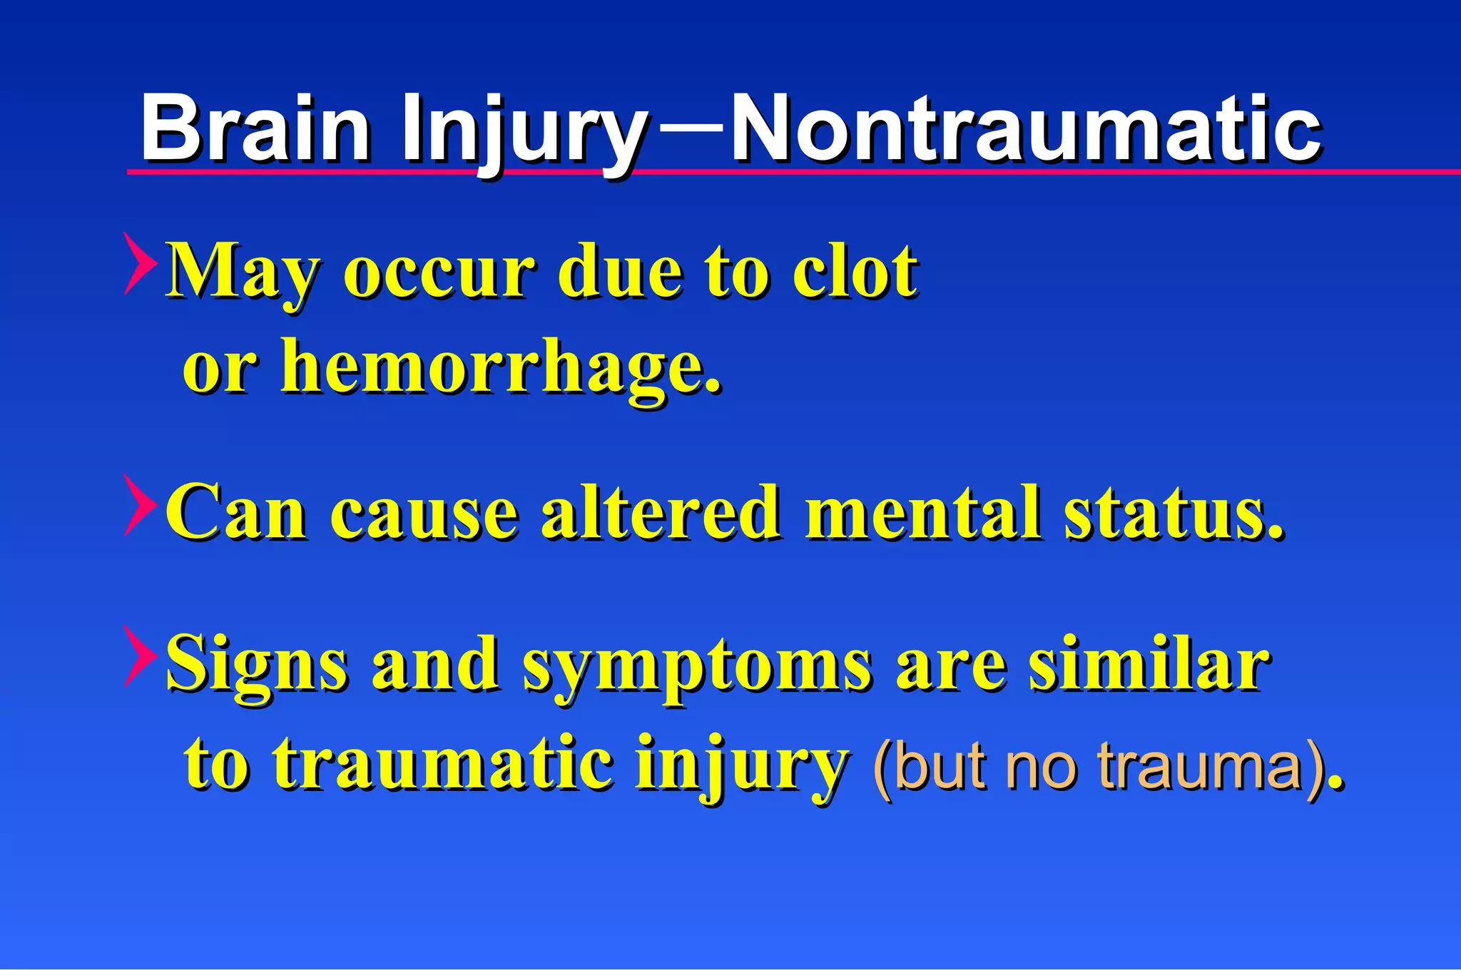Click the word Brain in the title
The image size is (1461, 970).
tap(255, 130)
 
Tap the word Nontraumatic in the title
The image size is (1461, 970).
tap(1026, 130)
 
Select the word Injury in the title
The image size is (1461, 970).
tap(524, 132)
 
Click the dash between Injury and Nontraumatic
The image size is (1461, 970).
tap(690, 128)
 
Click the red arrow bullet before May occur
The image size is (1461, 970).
tap(140, 263)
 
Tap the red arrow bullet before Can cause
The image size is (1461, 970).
tap(140, 505)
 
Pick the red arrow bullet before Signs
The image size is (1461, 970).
tap(140, 656)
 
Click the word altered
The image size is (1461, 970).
tap(660, 512)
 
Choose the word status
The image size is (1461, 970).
tap(1171, 512)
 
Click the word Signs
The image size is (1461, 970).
tap(257, 665)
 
